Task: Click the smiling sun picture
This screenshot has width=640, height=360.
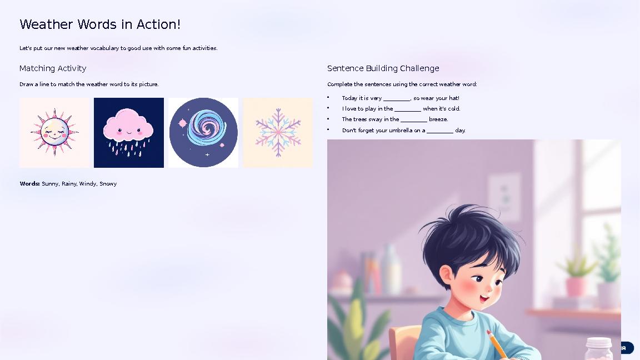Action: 54,133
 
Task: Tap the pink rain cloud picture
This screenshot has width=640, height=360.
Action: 129,133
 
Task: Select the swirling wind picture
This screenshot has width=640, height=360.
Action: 203,133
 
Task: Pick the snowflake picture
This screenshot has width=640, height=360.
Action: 278,133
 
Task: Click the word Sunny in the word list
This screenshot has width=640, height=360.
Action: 50,184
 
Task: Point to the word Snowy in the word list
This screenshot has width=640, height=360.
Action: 108,184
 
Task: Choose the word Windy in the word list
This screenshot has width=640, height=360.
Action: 88,184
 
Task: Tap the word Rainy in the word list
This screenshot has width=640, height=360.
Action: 69,184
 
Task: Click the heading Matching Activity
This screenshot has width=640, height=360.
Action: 53,68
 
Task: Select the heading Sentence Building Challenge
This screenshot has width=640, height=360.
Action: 383,68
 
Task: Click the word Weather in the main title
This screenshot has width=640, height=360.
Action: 47,24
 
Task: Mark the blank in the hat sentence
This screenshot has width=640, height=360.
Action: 397,99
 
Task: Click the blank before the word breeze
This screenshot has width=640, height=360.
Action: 414,120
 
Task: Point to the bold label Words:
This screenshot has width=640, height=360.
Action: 29,184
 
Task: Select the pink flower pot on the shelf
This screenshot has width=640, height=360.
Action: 576,286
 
